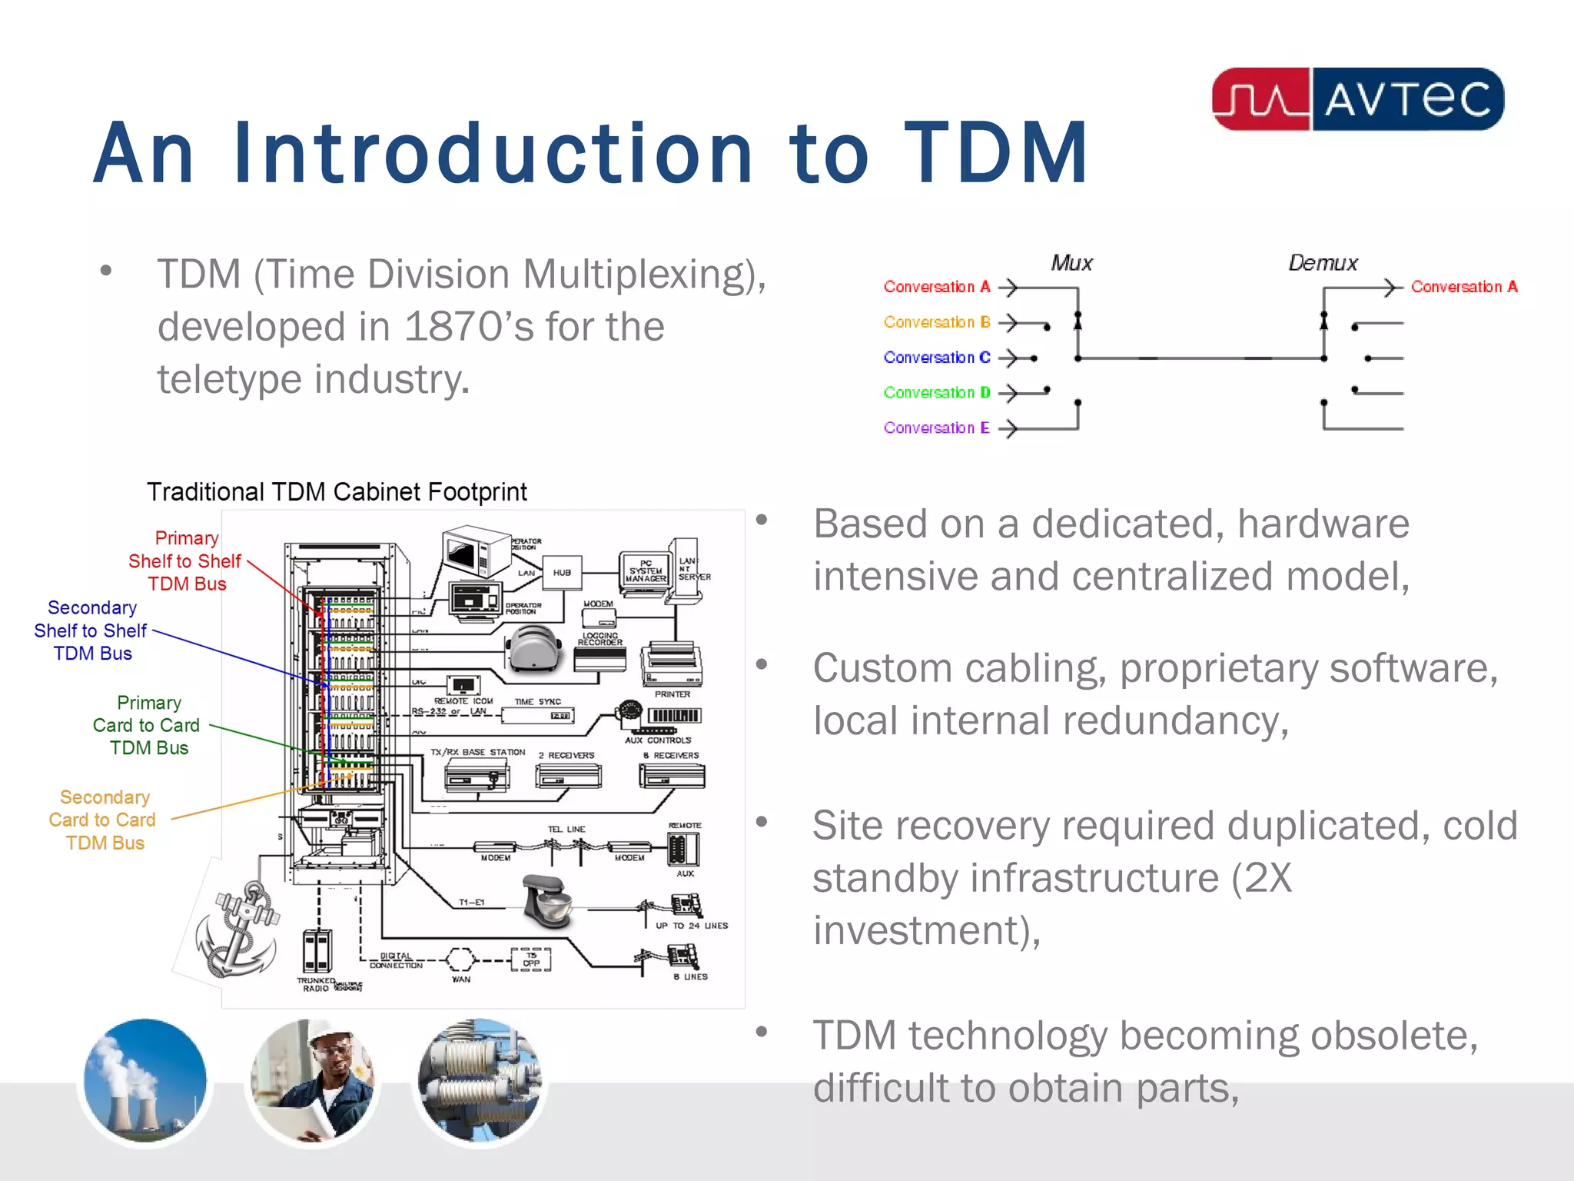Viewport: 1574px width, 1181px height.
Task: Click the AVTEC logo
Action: pos(1357,99)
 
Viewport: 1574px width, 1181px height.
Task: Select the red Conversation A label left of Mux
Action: pos(936,287)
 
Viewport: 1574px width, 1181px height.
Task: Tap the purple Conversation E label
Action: pos(936,427)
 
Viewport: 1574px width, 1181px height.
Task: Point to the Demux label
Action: pos(1323,263)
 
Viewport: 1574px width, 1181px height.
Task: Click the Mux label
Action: pos(1071,263)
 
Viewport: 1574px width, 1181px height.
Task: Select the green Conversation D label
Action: pos(936,392)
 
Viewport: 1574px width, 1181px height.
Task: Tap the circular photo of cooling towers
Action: pos(145,1080)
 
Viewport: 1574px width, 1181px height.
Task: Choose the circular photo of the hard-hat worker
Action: pos(313,1080)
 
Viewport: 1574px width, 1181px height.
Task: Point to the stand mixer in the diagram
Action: pos(546,900)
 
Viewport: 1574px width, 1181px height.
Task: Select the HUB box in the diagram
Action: pos(562,573)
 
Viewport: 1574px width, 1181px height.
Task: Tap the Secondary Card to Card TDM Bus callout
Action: pos(103,820)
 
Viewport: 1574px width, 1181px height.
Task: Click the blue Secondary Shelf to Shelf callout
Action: pos(91,630)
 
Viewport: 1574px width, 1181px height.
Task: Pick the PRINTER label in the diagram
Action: pos(672,694)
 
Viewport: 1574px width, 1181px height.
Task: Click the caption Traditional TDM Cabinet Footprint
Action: pos(337,492)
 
